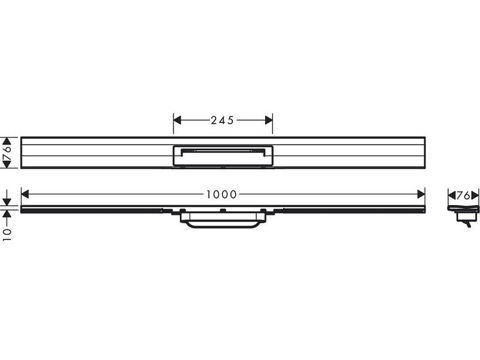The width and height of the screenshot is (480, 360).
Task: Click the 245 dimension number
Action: click(x=223, y=120)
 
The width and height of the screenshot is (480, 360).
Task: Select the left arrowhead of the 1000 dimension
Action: click(x=25, y=194)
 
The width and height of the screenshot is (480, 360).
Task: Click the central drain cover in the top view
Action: click(x=223, y=155)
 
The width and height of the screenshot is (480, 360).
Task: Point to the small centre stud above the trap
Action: click(x=223, y=210)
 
